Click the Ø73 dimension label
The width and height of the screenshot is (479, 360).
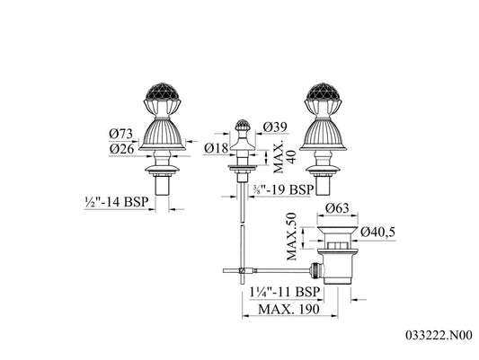[x=121, y=134]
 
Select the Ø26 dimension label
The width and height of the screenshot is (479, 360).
[x=122, y=149]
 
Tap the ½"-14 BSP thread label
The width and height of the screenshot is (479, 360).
[x=117, y=202]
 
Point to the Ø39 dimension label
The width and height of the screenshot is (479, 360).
[x=275, y=127]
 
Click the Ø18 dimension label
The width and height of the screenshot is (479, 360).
[x=217, y=148]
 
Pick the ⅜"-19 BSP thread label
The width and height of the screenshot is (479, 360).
[x=283, y=189]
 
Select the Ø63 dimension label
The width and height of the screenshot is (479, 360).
[x=337, y=208]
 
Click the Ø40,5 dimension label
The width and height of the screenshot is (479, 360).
[x=377, y=232]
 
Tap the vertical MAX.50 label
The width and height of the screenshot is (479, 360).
[x=292, y=236]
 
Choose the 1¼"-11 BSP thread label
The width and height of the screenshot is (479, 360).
[x=284, y=292]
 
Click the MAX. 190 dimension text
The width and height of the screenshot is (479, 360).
[x=288, y=309]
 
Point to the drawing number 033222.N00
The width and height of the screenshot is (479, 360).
[x=439, y=335]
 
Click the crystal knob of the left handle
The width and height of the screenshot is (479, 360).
[x=162, y=92]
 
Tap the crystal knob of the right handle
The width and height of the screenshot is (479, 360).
[x=323, y=92]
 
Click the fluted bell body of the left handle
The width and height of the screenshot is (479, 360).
[x=162, y=135]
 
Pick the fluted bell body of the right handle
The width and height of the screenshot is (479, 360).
[x=323, y=135]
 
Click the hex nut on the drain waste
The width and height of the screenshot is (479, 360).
[x=337, y=246]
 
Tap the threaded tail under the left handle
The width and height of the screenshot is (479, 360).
[x=162, y=185]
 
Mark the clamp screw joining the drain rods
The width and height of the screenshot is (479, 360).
[x=242, y=270]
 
